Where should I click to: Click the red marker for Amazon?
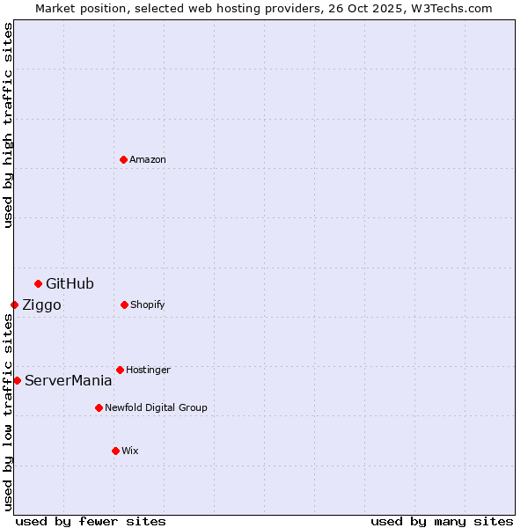coord(123,159)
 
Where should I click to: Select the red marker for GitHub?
coord(38,283)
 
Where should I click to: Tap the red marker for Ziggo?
coord(14,304)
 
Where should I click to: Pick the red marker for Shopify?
coord(124,304)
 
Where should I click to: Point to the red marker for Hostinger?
coord(120,370)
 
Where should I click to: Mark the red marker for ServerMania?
coord(17,380)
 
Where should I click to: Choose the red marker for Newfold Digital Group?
coord(99,407)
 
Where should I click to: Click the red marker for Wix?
coord(115,451)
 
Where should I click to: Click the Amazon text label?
coord(148,159)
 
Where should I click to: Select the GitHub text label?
coord(70,283)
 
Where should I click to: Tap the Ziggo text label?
coord(41,304)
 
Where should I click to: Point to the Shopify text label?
coord(148,304)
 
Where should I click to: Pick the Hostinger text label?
coord(148,370)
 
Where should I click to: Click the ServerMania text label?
coord(68,380)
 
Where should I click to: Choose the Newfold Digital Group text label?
coord(156,407)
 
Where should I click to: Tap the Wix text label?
coord(130,451)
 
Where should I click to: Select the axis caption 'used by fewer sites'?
coord(91,521)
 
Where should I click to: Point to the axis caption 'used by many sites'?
coord(442,521)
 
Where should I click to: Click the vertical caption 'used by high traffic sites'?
coord(8,125)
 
